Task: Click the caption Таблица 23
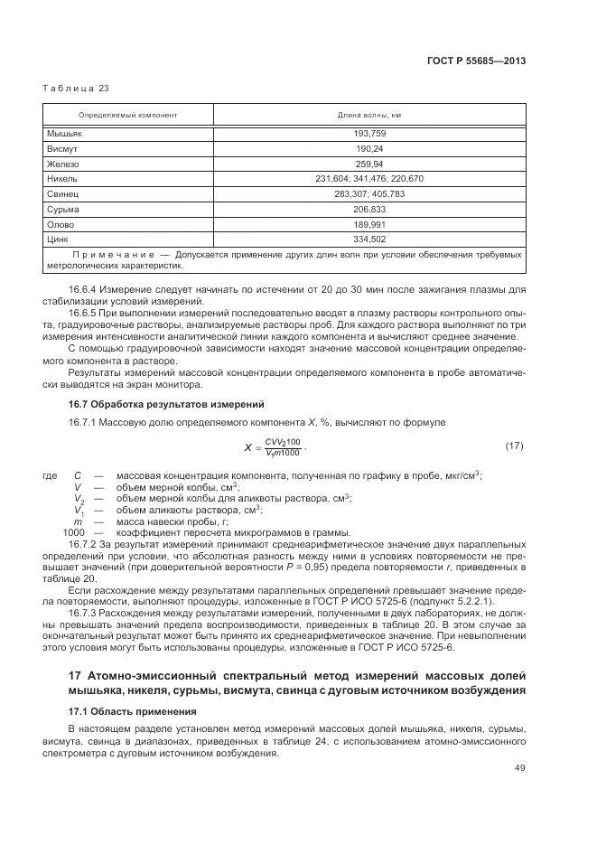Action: [76, 88]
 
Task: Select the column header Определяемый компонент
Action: [127, 116]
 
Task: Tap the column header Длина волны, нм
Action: [369, 116]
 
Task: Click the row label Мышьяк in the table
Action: [64, 134]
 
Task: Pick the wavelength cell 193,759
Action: [369, 134]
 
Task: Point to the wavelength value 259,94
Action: [369, 164]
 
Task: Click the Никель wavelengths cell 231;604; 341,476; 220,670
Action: [369, 179]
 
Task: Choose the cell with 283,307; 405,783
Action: [369, 193]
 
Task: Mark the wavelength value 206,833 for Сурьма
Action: [369, 209]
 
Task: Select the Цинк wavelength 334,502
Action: [369, 239]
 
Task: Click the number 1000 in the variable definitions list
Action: [73, 533]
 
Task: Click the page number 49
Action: [519, 768]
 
